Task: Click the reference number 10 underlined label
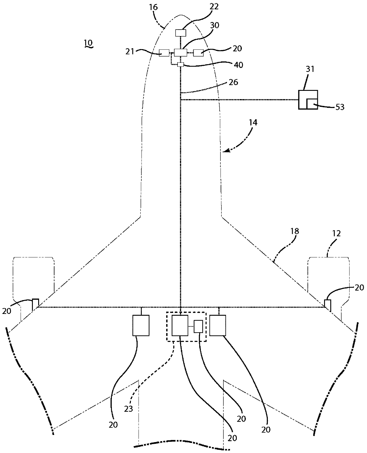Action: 88,43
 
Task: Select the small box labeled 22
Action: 181,33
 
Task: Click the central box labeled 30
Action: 181,53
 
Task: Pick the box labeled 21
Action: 164,53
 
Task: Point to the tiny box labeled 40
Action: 181,65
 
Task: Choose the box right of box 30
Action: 198,53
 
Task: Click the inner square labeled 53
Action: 312,104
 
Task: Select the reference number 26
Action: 233,82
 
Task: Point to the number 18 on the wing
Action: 294,231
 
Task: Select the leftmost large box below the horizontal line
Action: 141,325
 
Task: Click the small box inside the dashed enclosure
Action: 198,326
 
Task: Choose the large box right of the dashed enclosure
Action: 218,325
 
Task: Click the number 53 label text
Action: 340,107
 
